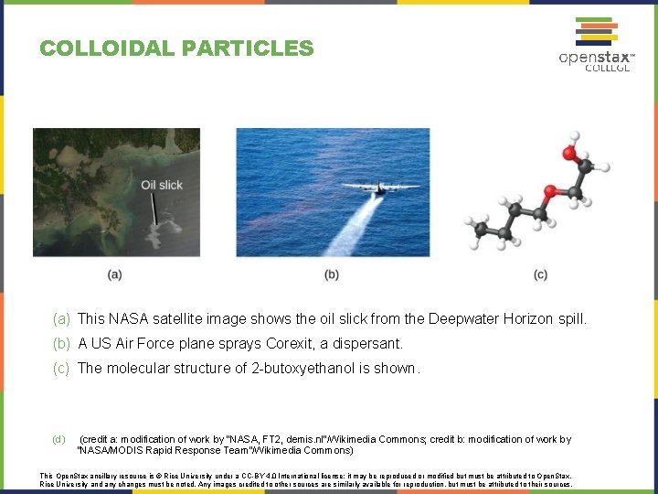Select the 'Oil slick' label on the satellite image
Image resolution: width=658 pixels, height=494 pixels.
[162, 185]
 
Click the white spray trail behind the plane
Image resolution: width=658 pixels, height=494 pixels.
[351, 229]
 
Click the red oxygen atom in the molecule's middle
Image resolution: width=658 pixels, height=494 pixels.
[550, 193]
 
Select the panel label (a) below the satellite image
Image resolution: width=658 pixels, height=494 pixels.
[114, 274]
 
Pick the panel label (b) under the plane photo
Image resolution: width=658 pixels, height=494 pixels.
[331, 274]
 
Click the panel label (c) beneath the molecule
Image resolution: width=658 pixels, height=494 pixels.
[540, 274]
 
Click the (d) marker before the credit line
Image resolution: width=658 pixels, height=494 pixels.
[58, 439]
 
